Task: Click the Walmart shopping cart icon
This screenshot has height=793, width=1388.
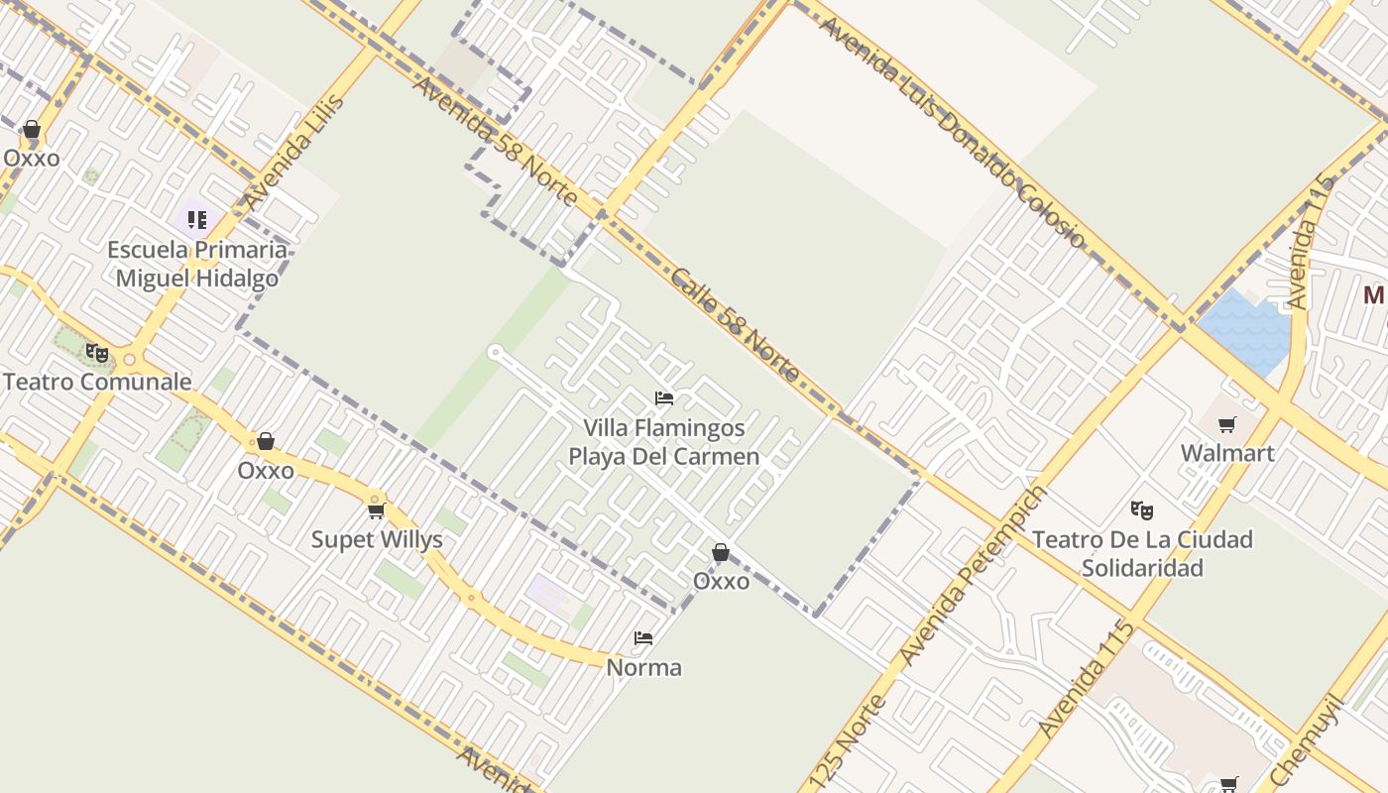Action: (x=1227, y=425)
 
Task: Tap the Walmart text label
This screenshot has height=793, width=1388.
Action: (x=1227, y=454)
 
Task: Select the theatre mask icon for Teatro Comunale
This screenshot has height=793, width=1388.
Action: (x=96, y=352)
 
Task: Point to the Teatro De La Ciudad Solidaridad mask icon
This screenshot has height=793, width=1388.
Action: (x=1142, y=510)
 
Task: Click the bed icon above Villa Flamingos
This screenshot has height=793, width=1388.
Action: (x=664, y=398)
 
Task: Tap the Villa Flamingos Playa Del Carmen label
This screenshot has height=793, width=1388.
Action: (x=664, y=443)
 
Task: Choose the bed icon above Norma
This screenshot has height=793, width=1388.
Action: (x=643, y=638)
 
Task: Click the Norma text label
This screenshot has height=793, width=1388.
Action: (x=644, y=668)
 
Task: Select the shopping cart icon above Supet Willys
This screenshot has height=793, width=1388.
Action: (x=376, y=510)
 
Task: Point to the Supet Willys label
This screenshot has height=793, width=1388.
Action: (x=377, y=540)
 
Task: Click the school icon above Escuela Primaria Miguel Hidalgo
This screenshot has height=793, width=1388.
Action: (x=196, y=219)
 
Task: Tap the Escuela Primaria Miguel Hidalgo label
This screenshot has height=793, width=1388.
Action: (x=196, y=264)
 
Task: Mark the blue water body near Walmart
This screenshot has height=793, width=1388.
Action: (x=1246, y=331)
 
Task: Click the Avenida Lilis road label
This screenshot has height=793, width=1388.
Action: (x=295, y=152)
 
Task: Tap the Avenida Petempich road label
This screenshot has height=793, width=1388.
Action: (x=973, y=576)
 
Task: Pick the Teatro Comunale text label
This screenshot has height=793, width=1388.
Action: (x=97, y=382)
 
